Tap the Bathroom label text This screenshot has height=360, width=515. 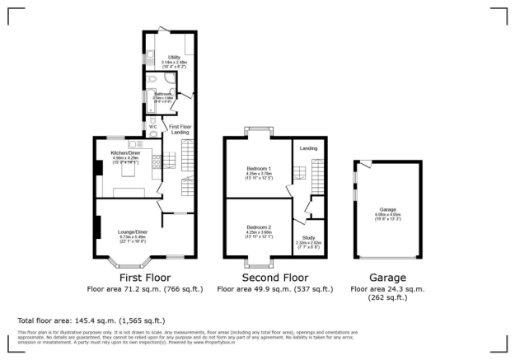[161, 94]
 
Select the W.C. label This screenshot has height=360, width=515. [153, 127]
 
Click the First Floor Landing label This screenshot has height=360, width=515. [180, 129]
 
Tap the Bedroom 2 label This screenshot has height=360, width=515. [258, 227]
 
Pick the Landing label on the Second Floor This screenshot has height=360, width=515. [308, 148]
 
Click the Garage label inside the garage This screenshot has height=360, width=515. [388, 211]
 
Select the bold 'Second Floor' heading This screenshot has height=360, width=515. [258, 278]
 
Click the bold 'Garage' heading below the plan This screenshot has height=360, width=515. [387, 278]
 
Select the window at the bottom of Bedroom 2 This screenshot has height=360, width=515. [258, 264]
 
